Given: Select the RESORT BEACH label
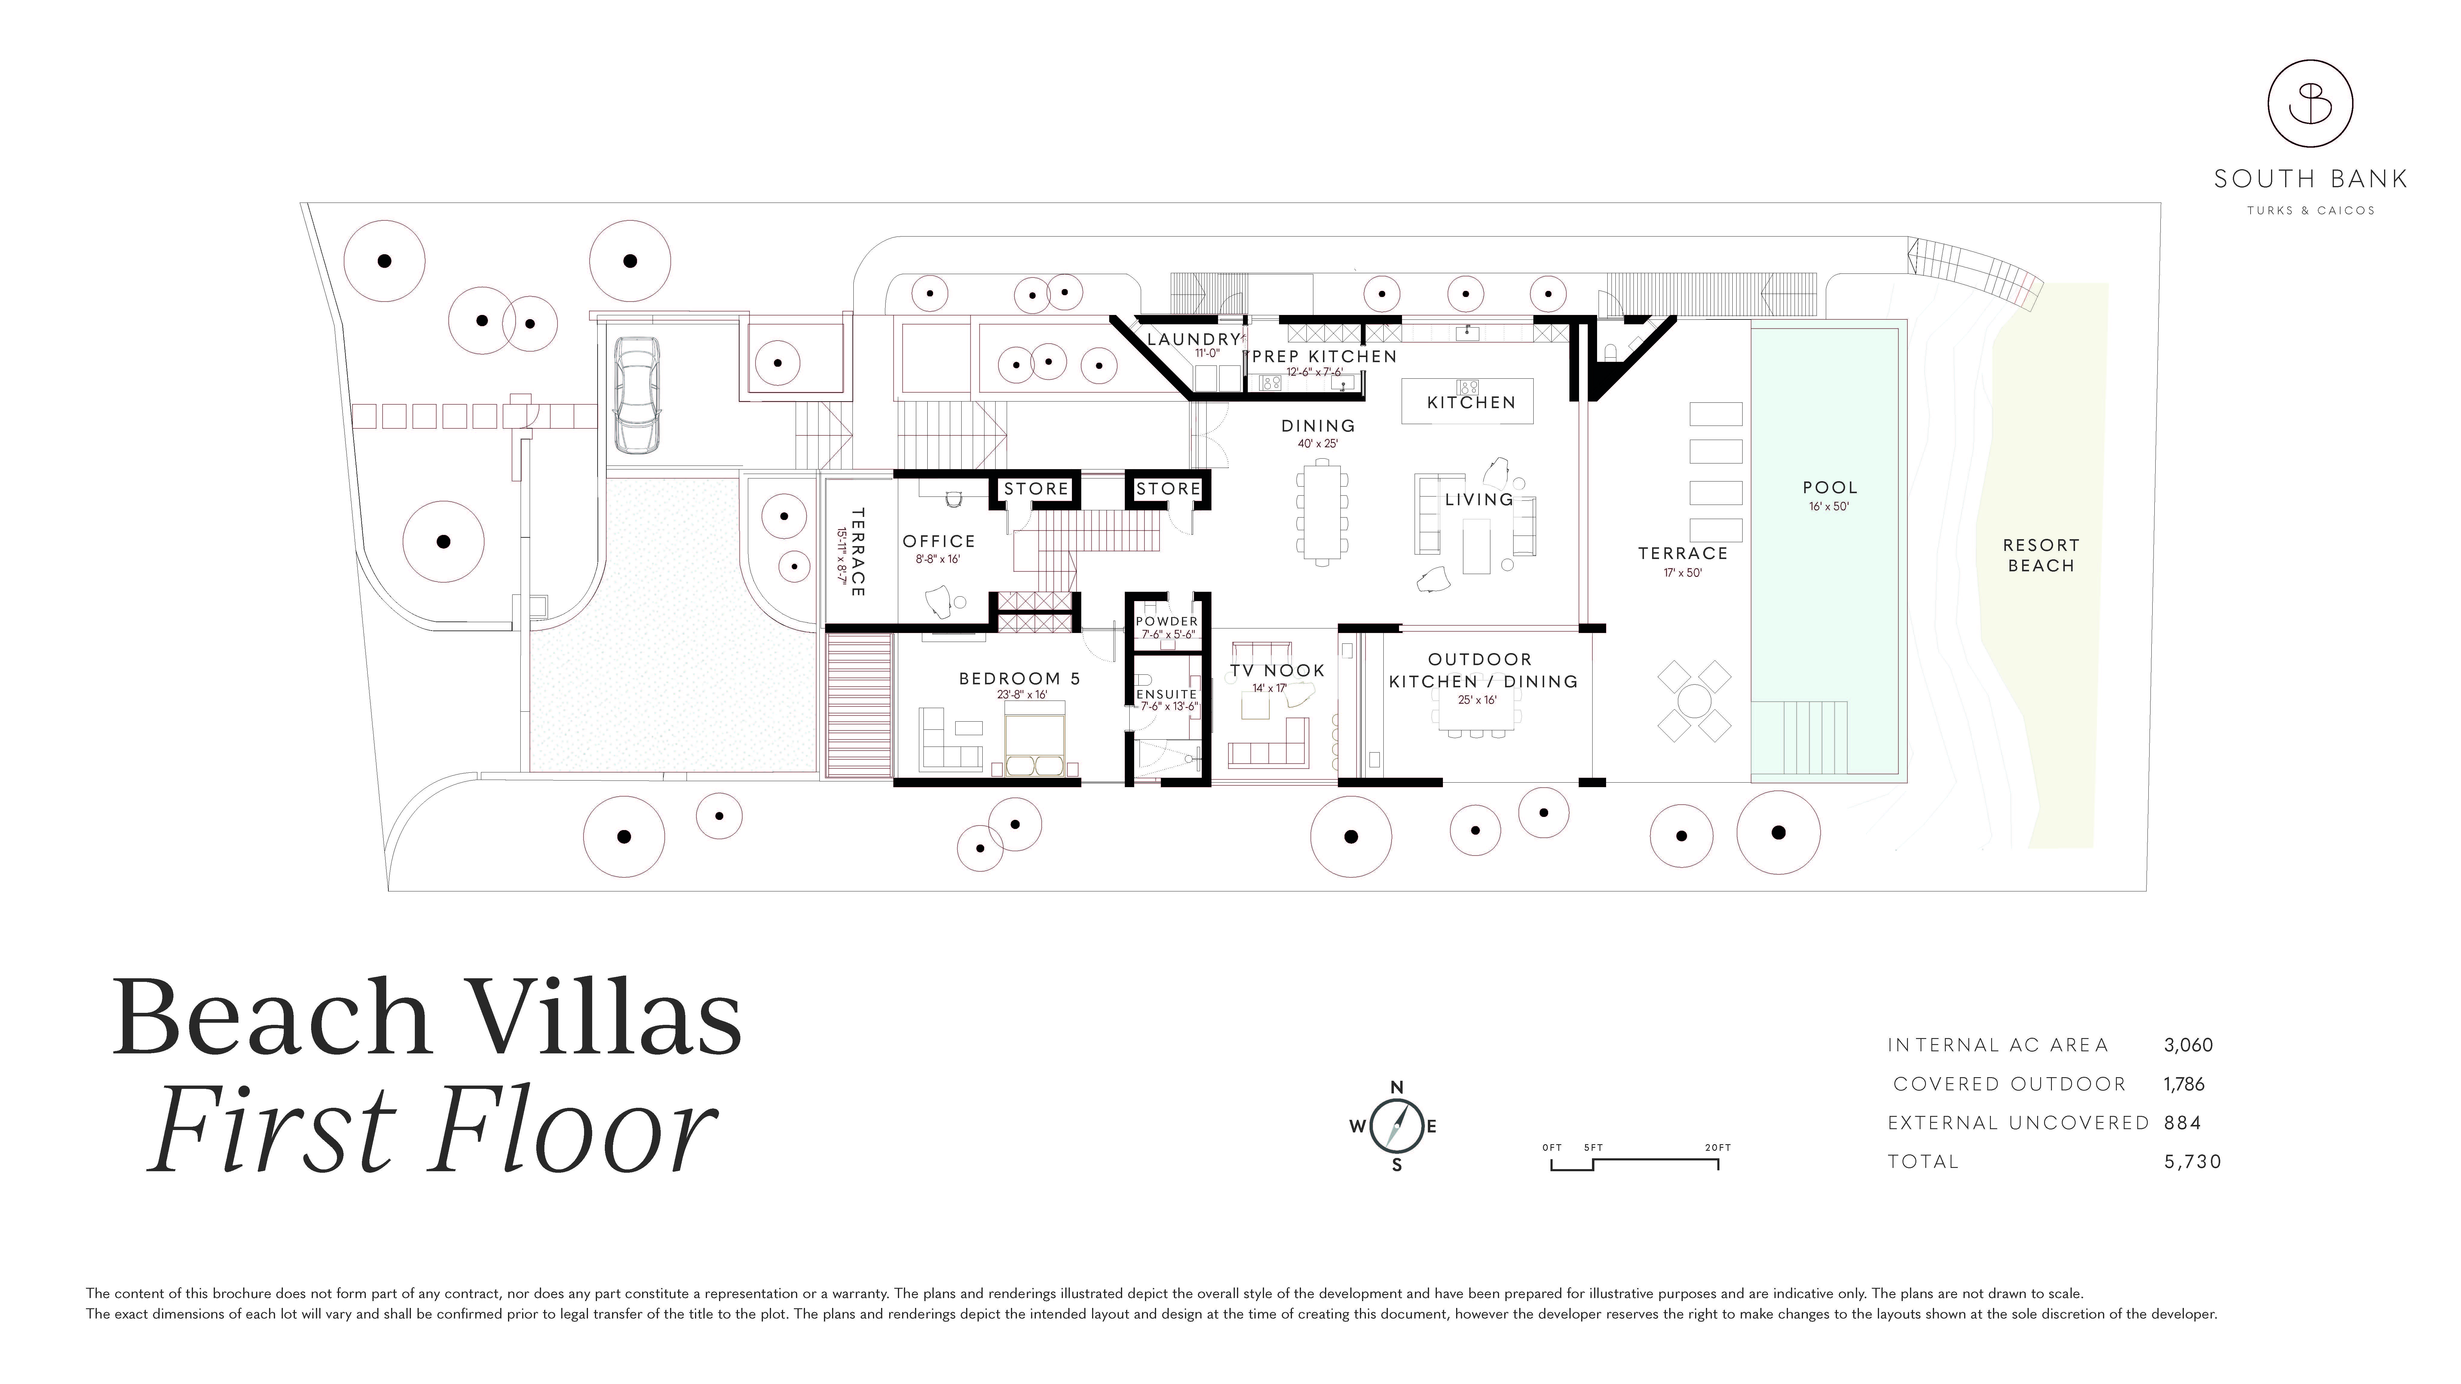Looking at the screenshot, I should [2041, 555].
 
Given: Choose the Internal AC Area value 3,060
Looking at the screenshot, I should [2188, 1045].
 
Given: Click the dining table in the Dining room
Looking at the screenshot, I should [1322, 512].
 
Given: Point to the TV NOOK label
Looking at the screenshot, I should [1277, 671].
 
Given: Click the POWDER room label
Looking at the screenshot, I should [1167, 621].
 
